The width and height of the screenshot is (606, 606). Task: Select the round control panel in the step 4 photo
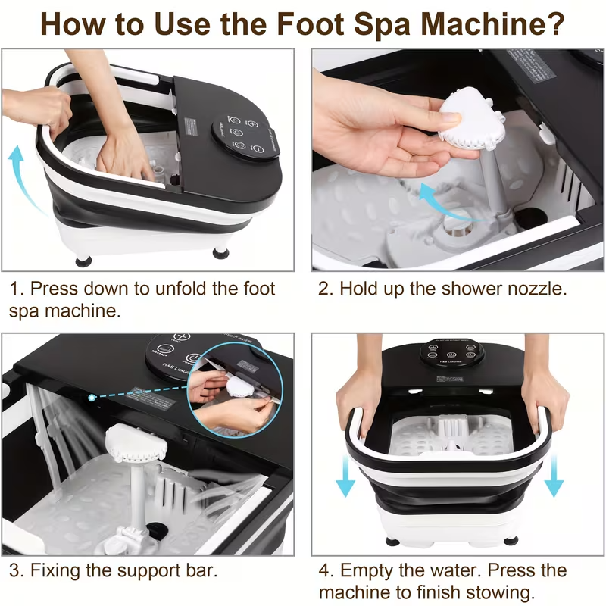pyautogui.click(x=451, y=353)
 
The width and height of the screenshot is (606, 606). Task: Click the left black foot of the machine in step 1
pyautogui.click(x=83, y=260)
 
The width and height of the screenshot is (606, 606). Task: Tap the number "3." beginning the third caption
pyautogui.click(x=17, y=569)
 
